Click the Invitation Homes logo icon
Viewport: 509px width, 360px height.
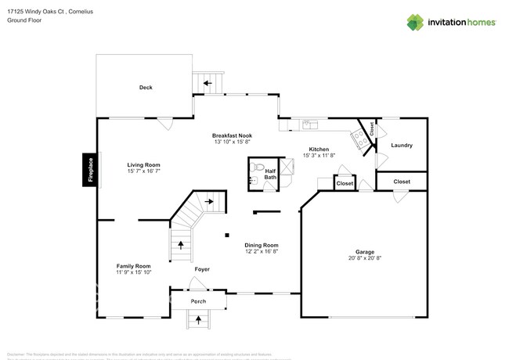point(415,22)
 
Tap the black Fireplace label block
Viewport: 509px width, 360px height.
point(91,171)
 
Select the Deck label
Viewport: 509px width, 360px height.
point(146,88)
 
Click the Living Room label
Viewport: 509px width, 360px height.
point(144,165)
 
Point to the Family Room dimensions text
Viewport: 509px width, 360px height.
point(133,272)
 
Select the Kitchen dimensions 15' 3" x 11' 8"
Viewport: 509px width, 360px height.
point(318,156)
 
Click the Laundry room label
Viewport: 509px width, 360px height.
point(401,146)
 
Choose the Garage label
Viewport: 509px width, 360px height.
point(365,252)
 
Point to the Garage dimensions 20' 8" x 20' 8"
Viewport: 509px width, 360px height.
point(365,258)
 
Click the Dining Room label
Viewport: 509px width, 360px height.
point(262,245)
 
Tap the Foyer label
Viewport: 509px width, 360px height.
point(202,269)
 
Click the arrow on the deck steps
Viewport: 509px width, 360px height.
point(208,81)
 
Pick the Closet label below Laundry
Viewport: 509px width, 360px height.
point(402,182)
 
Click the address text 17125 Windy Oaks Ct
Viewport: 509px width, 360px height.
point(35,11)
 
